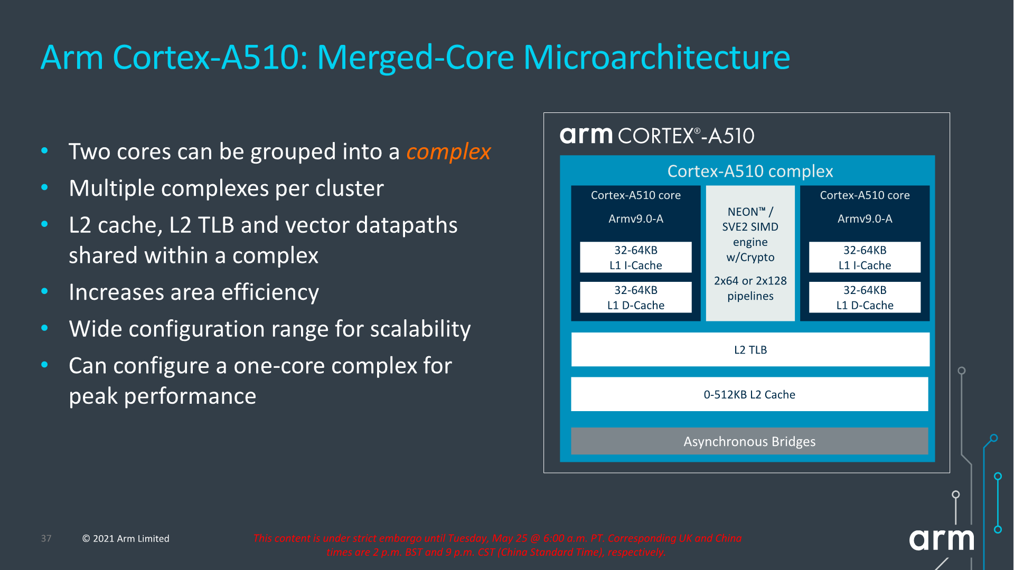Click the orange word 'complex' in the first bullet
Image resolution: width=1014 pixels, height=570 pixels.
(448, 152)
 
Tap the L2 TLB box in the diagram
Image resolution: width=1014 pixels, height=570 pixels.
(750, 349)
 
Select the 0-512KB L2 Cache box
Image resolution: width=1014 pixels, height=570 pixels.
(749, 394)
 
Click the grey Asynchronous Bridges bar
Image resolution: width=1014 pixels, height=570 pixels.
(749, 441)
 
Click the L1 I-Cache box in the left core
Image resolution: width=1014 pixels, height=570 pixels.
(635, 258)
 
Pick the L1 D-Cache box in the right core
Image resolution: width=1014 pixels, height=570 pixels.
(865, 298)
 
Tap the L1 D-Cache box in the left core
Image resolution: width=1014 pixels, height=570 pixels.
(635, 298)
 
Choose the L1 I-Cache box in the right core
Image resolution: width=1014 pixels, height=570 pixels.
(865, 258)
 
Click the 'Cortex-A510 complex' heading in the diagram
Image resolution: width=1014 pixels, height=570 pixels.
(750, 171)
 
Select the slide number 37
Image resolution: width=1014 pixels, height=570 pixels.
(46, 538)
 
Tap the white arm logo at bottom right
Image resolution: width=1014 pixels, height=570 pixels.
(941, 540)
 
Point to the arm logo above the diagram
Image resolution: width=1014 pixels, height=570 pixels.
(586, 135)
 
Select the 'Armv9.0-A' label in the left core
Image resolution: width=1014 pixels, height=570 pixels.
(635, 218)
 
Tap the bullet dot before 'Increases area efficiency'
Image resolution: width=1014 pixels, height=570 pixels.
(45, 291)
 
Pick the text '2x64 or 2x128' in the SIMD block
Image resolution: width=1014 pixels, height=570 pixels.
(750, 281)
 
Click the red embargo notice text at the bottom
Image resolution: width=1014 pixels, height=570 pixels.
(496, 545)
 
